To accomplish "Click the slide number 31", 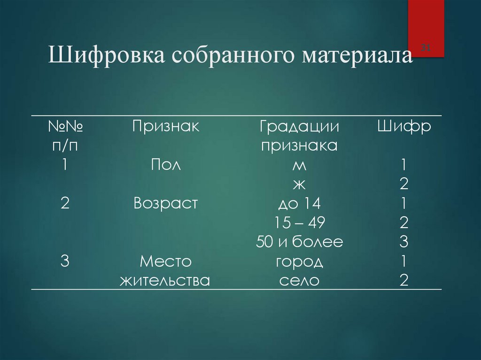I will pyautogui.click(x=427, y=47).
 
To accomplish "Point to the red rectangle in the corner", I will pyautogui.click(x=426, y=28).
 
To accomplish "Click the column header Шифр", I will pyautogui.click(x=404, y=126).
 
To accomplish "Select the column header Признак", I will pyautogui.click(x=165, y=126).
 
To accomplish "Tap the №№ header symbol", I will pyautogui.click(x=65, y=126).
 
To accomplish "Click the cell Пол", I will pyautogui.click(x=165, y=165).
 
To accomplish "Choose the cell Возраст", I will pyautogui.click(x=165, y=204).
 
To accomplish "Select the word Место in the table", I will pyautogui.click(x=165, y=261).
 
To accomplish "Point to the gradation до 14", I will pyautogui.click(x=299, y=204).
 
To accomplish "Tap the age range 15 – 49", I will pyautogui.click(x=299, y=223).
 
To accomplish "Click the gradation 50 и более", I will pyautogui.click(x=299, y=242).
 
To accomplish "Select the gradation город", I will pyautogui.click(x=299, y=261).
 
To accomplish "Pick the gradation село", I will pyautogui.click(x=299, y=281).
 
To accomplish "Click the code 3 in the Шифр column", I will pyautogui.click(x=404, y=242).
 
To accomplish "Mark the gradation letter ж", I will pyautogui.click(x=299, y=184).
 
